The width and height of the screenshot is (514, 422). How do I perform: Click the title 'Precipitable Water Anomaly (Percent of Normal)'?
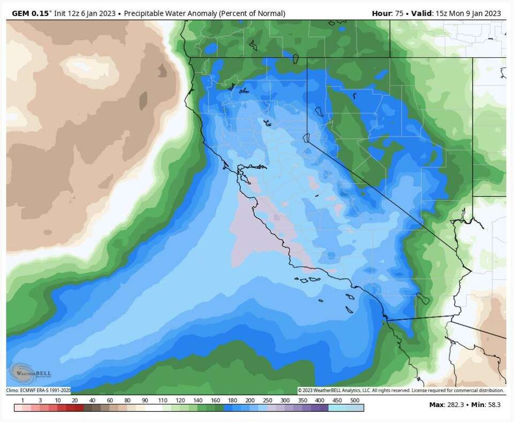tap(205, 13)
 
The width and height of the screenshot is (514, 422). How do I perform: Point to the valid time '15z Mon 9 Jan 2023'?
tap(467, 13)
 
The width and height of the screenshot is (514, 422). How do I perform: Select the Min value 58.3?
tap(494, 405)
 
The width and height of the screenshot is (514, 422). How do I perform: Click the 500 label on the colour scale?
tap(354, 400)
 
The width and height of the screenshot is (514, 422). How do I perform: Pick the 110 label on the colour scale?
tap(162, 400)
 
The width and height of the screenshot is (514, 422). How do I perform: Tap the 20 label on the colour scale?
tap(75, 400)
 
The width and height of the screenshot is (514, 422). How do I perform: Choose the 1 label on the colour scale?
tap(22, 400)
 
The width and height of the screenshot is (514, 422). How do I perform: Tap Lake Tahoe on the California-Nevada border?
tap(307, 138)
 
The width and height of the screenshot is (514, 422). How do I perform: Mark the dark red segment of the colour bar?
tap(75, 408)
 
